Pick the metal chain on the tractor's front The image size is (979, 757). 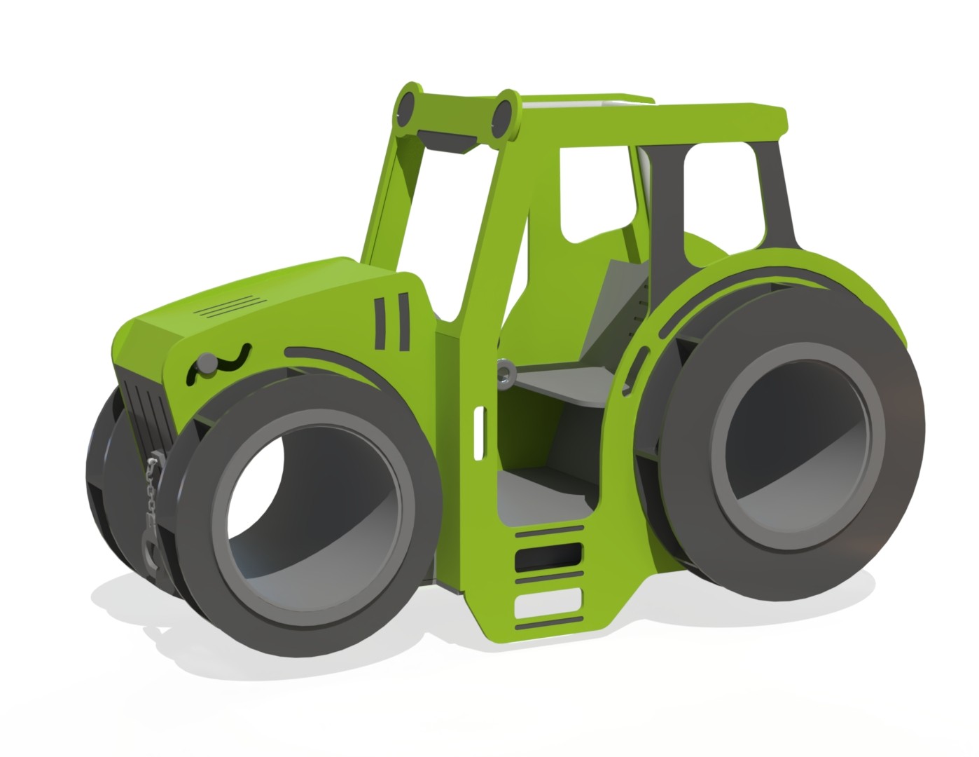[x=151, y=491]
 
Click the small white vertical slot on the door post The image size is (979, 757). [x=479, y=429]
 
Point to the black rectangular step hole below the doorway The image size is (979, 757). [x=549, y=557]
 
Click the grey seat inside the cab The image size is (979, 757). [x=560, y=382]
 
